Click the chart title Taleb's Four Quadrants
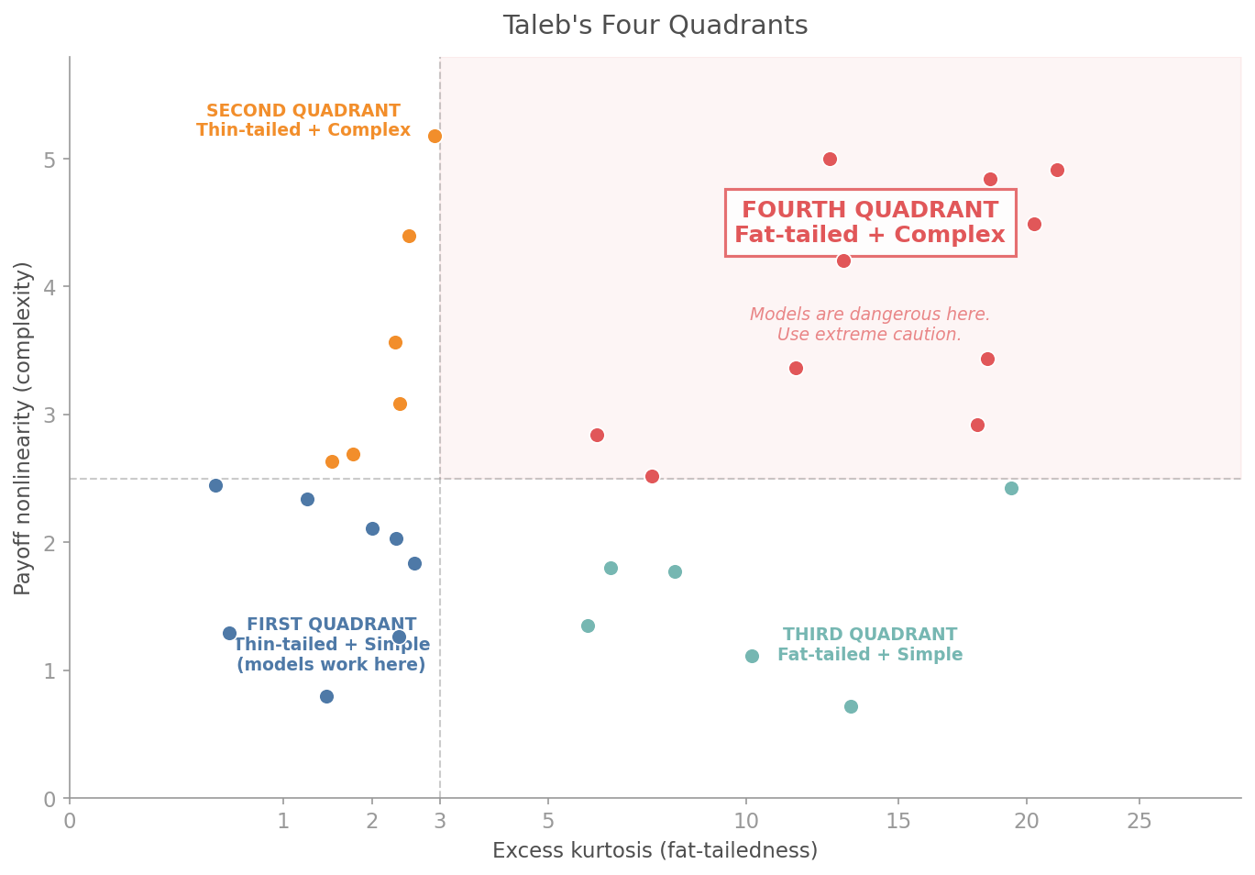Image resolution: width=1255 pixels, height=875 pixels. (655, 26)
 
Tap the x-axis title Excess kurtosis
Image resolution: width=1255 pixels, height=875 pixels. (655, 851)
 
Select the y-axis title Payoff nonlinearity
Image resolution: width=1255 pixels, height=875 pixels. (24, 427)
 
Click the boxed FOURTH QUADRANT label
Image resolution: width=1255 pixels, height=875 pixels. (869, 223)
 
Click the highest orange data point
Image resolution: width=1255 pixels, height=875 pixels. (435, 136)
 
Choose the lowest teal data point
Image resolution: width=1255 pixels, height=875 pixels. (851, 706)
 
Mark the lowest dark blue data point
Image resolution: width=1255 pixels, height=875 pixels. (326, 696)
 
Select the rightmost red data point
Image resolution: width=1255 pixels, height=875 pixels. (1057, 170)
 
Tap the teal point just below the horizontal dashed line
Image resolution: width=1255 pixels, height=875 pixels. (1011, 488)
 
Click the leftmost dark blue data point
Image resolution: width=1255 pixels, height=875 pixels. (215, 485)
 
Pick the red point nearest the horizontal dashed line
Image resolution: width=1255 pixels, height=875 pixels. (652, 476)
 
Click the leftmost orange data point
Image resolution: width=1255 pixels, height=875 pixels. (332, 461)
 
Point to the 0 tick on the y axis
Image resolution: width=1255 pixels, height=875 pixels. (50, 799)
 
